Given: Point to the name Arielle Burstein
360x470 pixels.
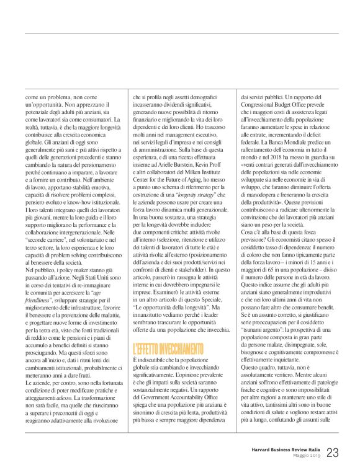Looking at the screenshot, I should pyautogui.click(x=169, y=166).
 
